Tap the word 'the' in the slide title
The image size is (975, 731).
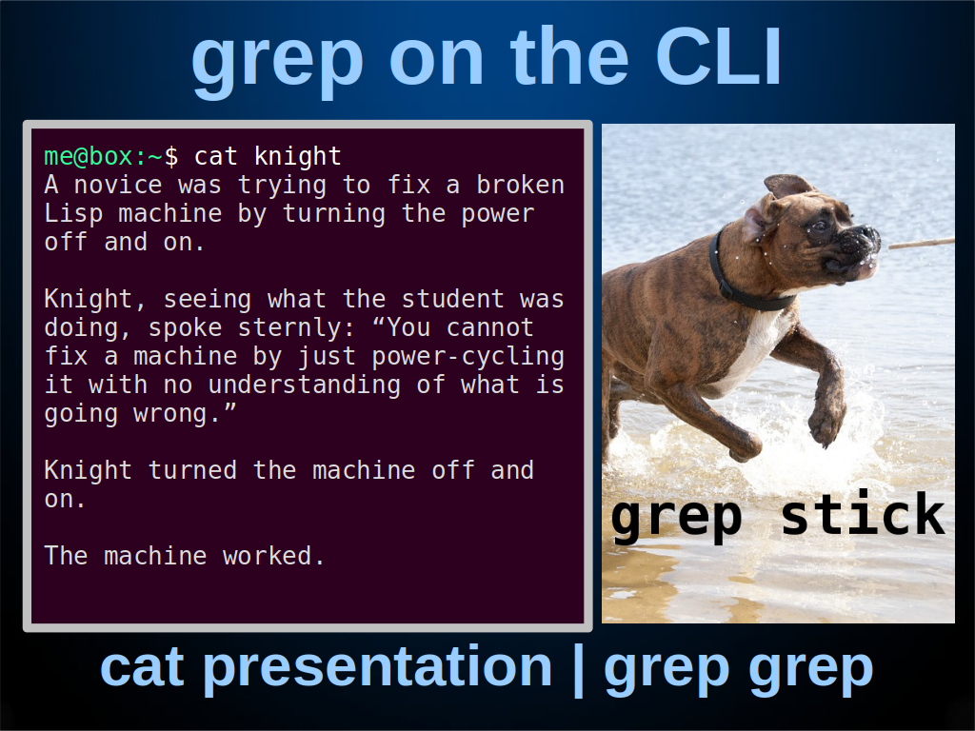pyautogui.click(x=569, y=56)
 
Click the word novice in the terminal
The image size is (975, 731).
pyautogui.click(x=118, y=185)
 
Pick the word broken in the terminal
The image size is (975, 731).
pyautogui.click(x=521, y=185)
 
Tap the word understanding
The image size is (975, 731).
pyautogui.click(x=305, y=385)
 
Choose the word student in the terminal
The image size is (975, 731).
pyautogui.click(x=452, y=299)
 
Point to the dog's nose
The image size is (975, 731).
pyautogui.click(x=866, y=236)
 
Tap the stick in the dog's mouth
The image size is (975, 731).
pyautogui.click(x=922, y=243)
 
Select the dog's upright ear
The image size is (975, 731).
pyautogui.click(x=787, y=186)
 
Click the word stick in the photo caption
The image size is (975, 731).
pyautogui.click(x=863, y=514)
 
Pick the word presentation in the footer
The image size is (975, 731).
pyautogui.click(x=377, y=668)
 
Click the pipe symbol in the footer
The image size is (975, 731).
pyautogui.click(x=578, y=670)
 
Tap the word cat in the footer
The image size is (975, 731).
pyautogui.click(x=142, y=667)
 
